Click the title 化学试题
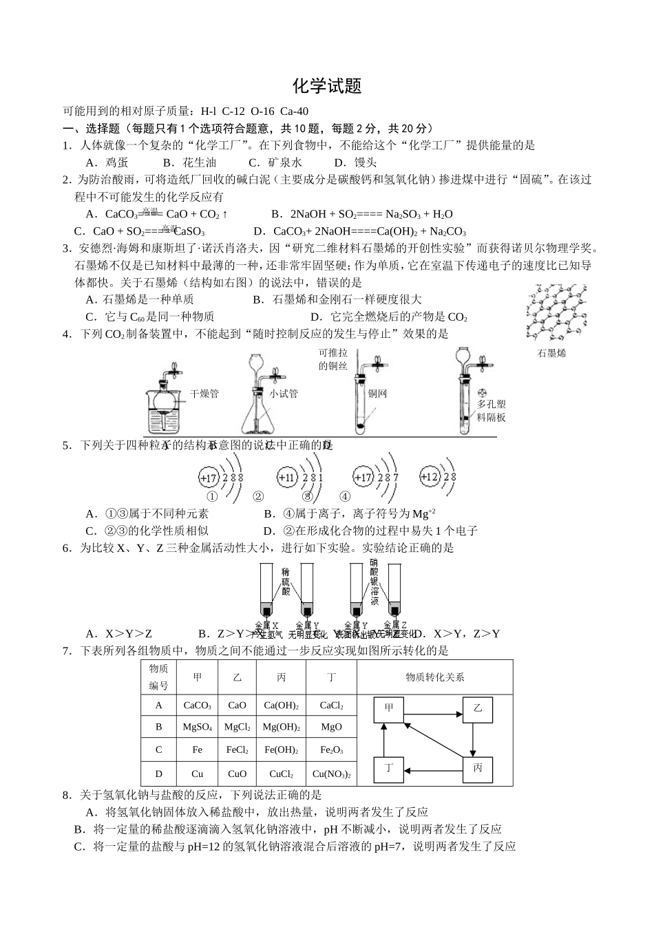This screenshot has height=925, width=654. [327, 86]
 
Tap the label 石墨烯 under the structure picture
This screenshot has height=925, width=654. [551, 353]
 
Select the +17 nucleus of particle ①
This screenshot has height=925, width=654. [208, 477]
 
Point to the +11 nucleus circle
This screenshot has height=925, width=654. [286, 477]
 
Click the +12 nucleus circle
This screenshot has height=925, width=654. [429, 476]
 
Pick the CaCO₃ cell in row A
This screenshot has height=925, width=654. [197, 705]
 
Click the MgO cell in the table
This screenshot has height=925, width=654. [331, 727]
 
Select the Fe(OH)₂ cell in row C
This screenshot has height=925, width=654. [281, 750]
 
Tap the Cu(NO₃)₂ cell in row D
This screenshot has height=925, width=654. [331, 774]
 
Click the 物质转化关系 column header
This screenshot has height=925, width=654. [434, 677]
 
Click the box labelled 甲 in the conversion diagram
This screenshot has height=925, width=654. [389, 710]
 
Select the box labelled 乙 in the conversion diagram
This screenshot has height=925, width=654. [478, 710]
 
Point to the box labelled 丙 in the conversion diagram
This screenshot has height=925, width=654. [478, 768]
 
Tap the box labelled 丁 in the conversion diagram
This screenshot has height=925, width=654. [389, 769]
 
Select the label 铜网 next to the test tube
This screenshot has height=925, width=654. [377, 394]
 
